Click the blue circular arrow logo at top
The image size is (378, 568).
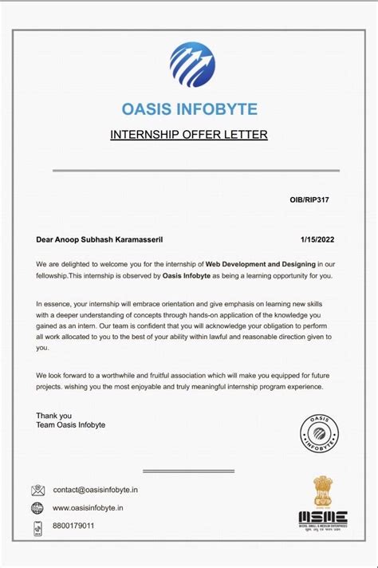(x=191, y=65)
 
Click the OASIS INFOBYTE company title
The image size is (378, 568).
(x=189, y=108)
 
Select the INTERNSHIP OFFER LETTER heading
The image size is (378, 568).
(x=189, y=134)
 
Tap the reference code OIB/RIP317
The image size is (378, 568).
(x=309, y=199)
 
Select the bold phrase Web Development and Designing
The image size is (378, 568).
(x=261, y=263)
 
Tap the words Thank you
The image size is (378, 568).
(x=53, y=416)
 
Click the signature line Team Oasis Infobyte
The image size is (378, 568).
(x=70, y=425)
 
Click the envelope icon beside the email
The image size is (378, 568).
(x=37, y=491)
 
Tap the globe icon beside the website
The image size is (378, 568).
(x=37, y=508)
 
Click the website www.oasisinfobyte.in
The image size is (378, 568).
(x=88, y=508)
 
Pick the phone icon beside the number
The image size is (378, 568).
(x=37, y=527)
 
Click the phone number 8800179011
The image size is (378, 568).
(x=73, y=527)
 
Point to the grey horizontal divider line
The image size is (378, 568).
(x=195, y=170)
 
